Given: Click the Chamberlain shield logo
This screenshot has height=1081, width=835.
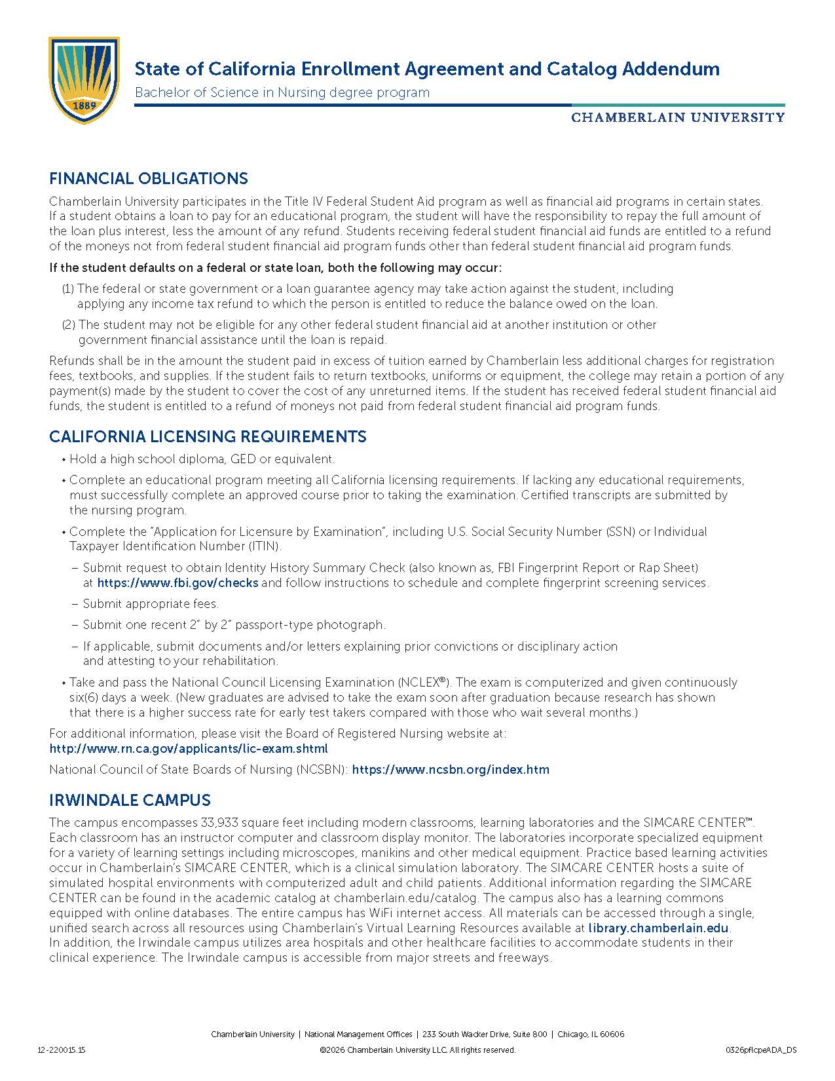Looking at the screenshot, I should [x=84, y=80].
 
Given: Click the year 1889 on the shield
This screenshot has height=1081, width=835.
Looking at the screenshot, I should [x=84, y=105].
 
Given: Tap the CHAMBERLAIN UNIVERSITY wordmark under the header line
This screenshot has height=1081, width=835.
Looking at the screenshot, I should [x=678, y=118].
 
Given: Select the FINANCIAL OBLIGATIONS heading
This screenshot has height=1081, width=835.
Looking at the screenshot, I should [x=149, y=179].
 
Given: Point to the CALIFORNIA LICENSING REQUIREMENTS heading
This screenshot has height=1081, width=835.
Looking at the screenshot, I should [x=208, y=437].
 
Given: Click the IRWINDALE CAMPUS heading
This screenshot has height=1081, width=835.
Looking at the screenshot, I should [x=130, y=801].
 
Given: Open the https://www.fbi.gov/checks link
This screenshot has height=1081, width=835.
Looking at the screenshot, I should [x=177, y=583].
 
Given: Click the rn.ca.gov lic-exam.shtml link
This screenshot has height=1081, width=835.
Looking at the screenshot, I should [x=189, y=749].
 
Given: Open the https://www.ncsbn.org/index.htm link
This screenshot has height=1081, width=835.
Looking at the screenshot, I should [x=451, y=770].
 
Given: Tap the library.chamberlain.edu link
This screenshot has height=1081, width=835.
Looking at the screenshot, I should [x=658, y=928].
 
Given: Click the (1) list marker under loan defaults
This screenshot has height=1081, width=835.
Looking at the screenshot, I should [x=68, y=289].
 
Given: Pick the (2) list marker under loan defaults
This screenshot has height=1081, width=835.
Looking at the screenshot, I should [x=69, y=325].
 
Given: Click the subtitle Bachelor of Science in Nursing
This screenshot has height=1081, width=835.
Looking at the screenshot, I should [x=282, y=93].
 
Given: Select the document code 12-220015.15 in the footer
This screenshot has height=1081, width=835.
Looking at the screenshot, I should [x=62, y=1050].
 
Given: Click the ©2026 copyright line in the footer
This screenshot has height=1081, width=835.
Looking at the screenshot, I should [x=417, y=1050].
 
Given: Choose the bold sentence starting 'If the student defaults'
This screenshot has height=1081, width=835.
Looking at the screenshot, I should [x=275, y=268].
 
